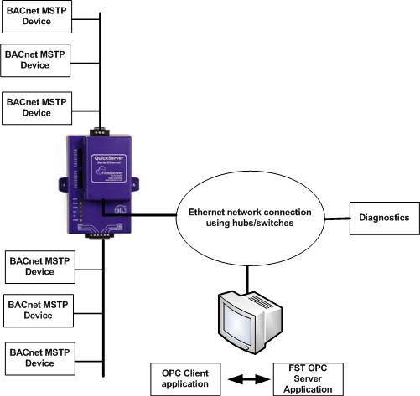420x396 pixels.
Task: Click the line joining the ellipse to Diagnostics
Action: point(333,219)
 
